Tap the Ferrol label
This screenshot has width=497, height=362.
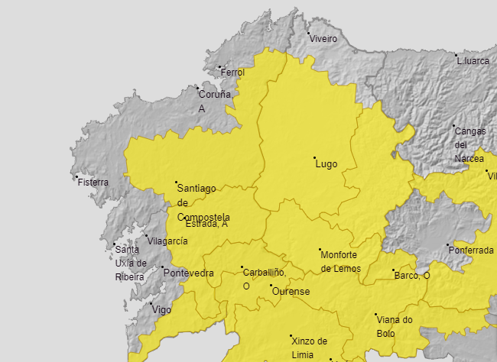coord(232,73)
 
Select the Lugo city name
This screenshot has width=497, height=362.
coord(326,164)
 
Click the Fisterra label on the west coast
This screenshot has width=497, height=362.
coord(93,183)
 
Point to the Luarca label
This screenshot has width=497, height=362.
coord(474,61)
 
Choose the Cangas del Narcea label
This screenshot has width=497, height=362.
coord(469,144)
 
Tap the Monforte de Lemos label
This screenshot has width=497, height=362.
coord(339,261)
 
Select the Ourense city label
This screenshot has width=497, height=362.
coord(291,292)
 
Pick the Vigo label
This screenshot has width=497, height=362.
coord(162,310)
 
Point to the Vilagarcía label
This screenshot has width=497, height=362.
coord(167,241)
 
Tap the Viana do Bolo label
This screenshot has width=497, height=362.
coord(395,327)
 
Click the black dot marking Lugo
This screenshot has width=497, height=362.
coord(314,158)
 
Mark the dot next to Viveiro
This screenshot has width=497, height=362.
coord(309,34)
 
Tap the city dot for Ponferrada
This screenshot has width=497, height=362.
coord(447,245)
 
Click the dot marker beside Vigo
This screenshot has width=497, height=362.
coord(151,303)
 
